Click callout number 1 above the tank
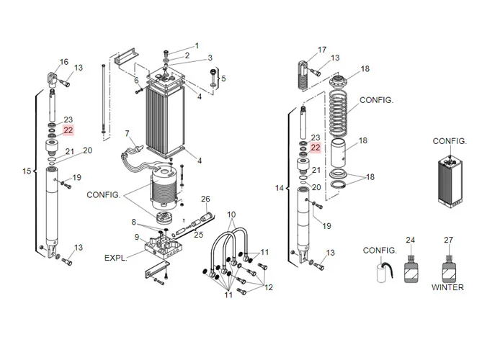click(x=196, y=46)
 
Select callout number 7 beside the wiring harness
click(x=127, y=133)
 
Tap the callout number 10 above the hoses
click(x=232, y=215)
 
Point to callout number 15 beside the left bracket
click(x=27, y=171)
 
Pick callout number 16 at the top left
click(x=64, y=61)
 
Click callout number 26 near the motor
click(x=205, y=199)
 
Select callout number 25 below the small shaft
click(x=199, y=235)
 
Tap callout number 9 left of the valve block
click(x=136, y=237)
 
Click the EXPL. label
click(x=117, y=257)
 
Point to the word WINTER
click(x=447, y=287)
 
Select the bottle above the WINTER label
click(x=448, y=271)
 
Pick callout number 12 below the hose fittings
click(x=268, y=287)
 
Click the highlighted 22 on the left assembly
click(x=68, y=130)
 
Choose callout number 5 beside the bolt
click(x=223, y=78)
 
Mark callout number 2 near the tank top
click(x=187, y=55)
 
